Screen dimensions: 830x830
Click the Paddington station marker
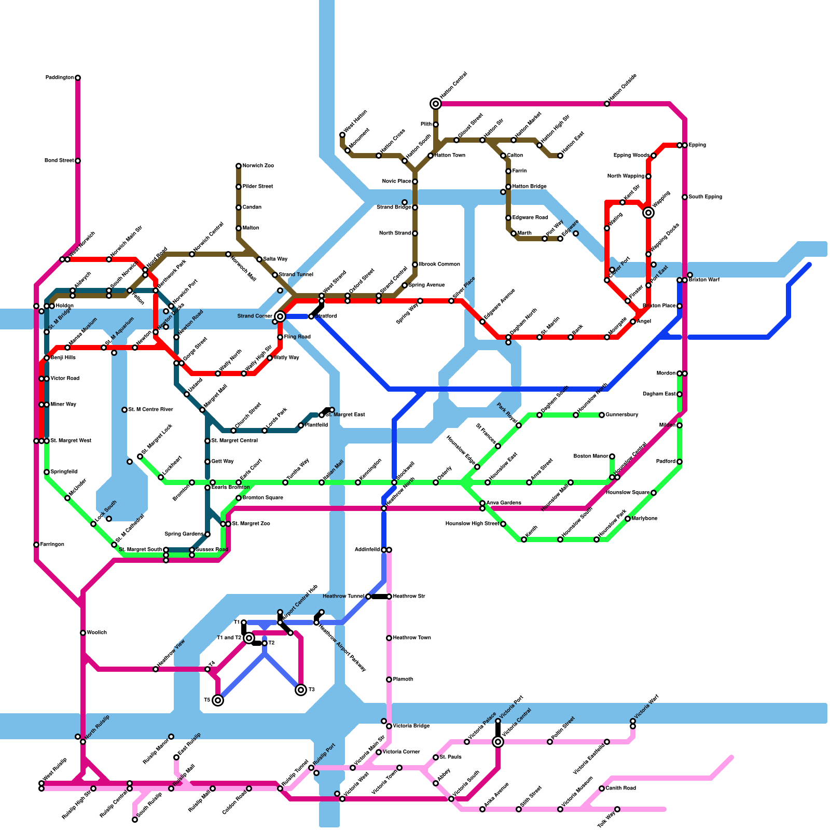coord(78,78)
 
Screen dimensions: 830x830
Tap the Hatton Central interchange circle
coord(436,104)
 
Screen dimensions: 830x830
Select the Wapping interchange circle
coord(648,213)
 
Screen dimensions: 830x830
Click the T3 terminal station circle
coord(301,690)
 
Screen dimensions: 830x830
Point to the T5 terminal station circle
coord(218,700)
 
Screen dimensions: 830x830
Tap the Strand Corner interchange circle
coord(280,316)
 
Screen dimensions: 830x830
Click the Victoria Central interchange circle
coord(498,742)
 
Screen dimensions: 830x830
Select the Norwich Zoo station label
coord(258,166)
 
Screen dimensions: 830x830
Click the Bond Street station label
coord(59,161)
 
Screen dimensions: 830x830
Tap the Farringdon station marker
coord(36,545)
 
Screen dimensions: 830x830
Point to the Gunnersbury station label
coord(622,415)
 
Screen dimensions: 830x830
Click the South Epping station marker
coord(685,197)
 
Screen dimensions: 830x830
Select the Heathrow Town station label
coord(412,638)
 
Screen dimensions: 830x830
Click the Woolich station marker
coord(83,633)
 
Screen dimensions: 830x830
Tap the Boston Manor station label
coord(591,457)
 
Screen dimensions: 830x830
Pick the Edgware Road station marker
coord(508,218)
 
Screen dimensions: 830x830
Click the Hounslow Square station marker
coord(654,493)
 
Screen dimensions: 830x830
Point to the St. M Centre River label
coord(150,410)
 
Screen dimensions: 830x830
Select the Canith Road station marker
coord(602,789)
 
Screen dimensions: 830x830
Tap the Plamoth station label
coord(403,680)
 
